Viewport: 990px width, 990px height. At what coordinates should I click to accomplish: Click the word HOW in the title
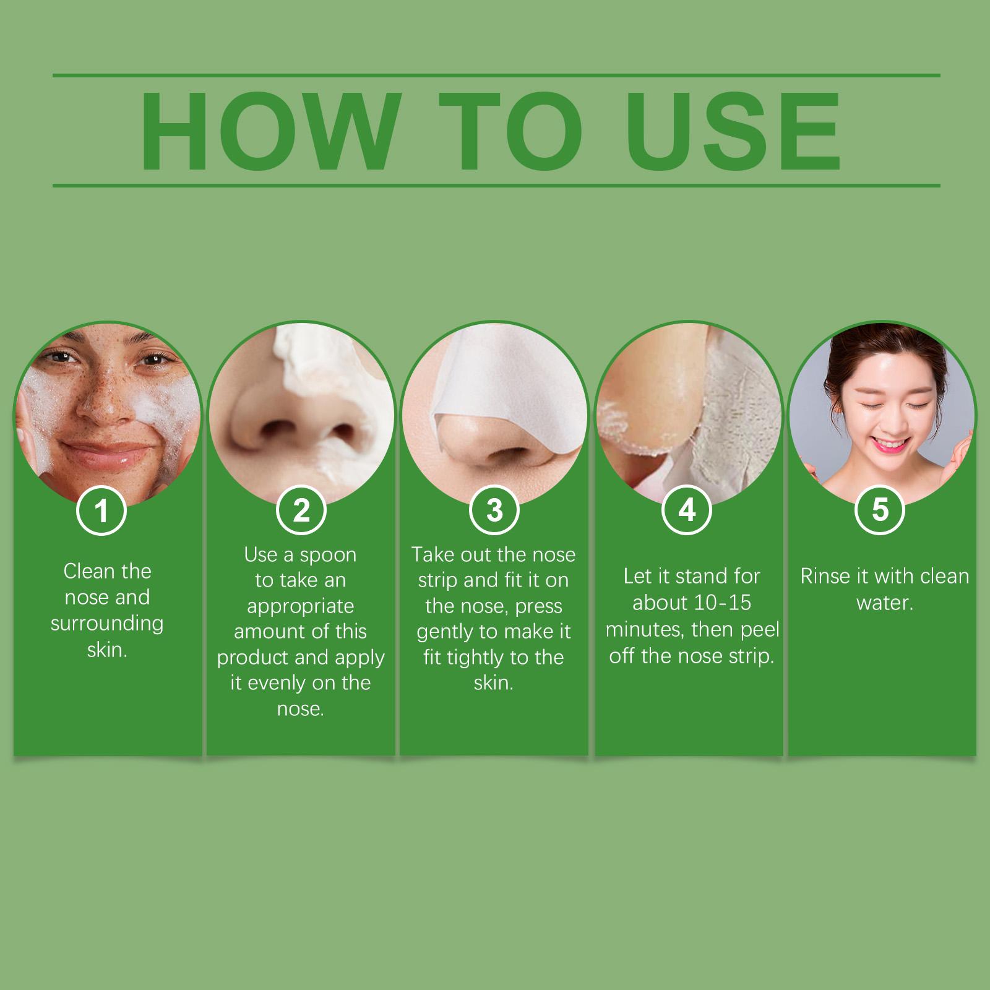click(268, 131)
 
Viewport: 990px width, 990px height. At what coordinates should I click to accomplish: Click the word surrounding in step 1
click(107, 624)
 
